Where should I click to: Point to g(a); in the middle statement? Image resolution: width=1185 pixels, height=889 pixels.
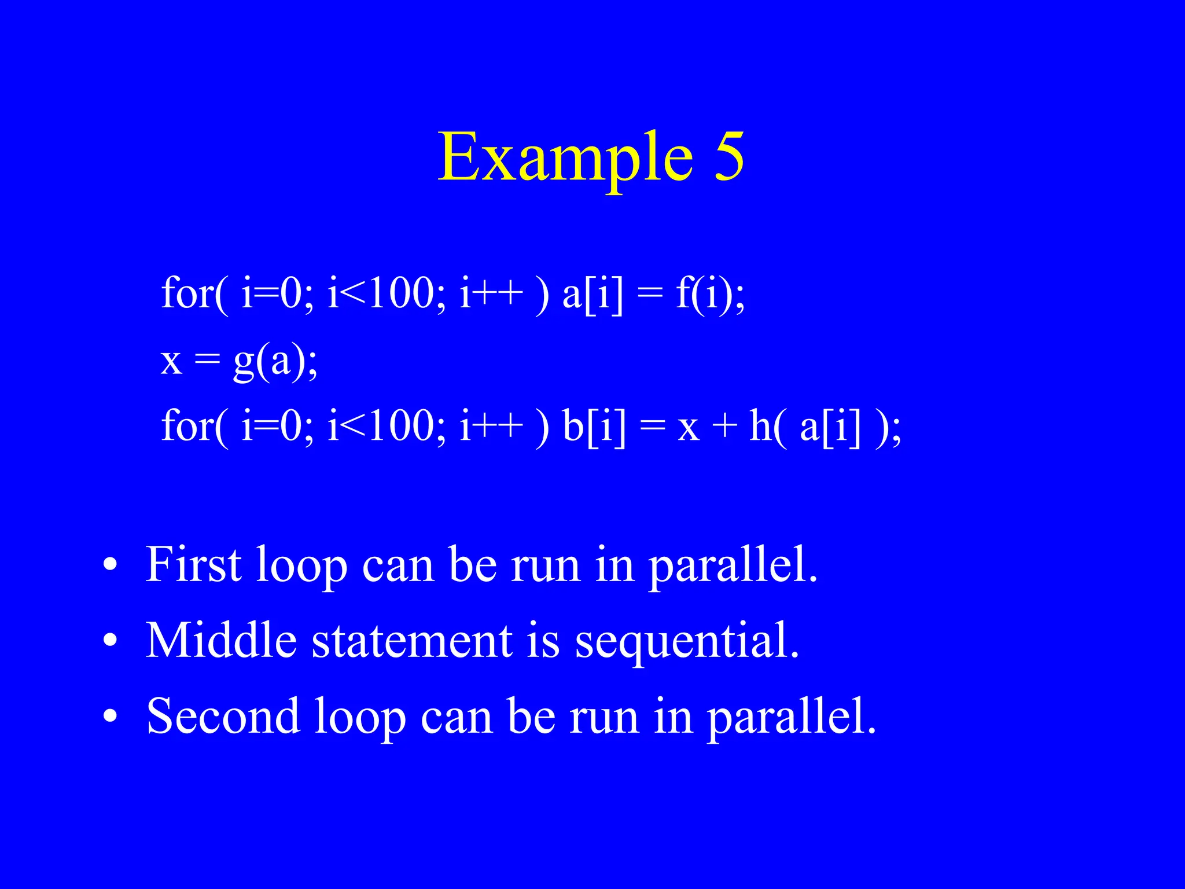click(275, 361)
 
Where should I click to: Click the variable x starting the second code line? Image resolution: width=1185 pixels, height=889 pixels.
click(171, 361)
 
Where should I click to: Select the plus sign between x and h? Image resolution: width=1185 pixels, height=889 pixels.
click(724, 428)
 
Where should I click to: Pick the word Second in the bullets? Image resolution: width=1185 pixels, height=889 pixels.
click(223, 716)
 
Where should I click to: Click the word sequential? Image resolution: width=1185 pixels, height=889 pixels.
click(687, 641)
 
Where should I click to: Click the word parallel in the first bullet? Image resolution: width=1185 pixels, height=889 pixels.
click(733, 565)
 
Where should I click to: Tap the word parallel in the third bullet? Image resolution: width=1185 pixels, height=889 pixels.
click(791, 717)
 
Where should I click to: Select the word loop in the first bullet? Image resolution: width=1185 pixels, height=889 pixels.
click(301, 565)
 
